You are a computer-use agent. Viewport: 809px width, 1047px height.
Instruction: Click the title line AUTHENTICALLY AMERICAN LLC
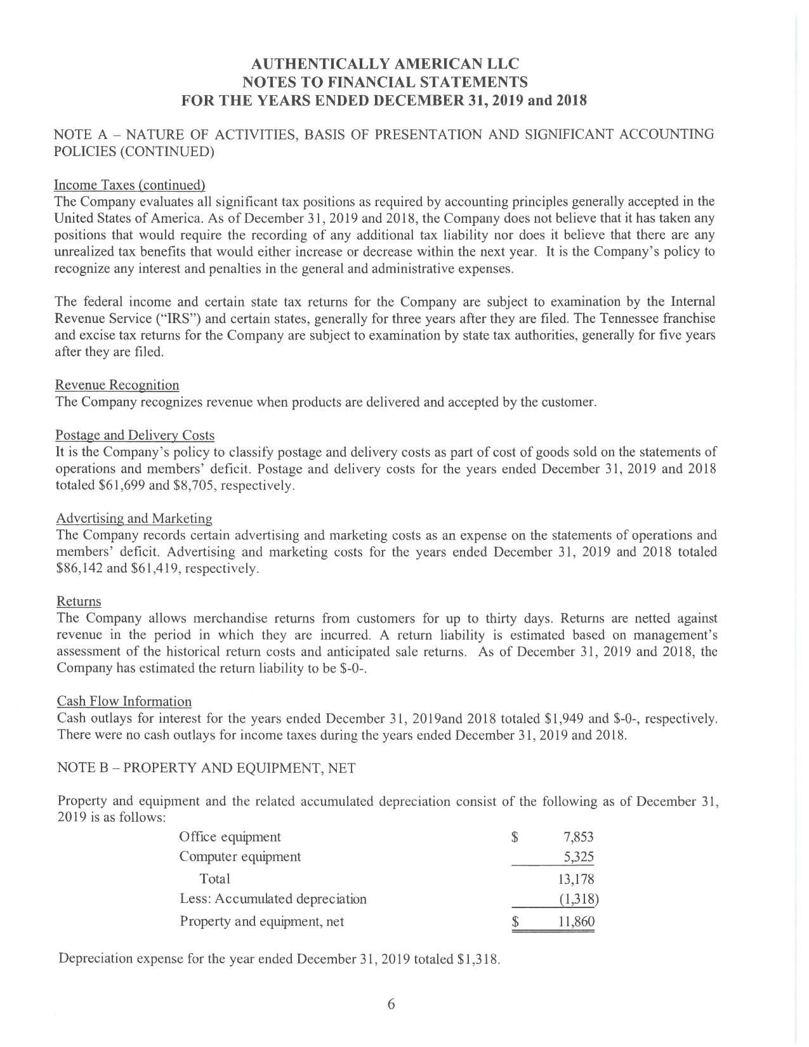click(x=385, y=64)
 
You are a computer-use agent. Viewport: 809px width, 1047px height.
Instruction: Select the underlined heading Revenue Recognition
click(x=117, y=385)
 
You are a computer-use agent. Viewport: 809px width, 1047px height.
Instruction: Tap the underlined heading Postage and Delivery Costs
click(x=135, y=435)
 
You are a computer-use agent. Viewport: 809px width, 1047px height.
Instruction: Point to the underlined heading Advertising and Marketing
click(x=135, y=518)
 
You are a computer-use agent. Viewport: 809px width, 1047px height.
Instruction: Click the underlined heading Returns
click(x=79, y=601)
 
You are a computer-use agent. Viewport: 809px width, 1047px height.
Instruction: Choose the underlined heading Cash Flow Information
click(x=124, y=701)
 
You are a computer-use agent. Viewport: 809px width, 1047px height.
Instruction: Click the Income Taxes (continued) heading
click(x=129, y=185)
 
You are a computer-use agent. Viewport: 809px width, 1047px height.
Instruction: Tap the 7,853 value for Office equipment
click(x=578, y=837)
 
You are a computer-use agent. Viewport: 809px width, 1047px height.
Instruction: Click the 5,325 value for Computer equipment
click(x=579, y=857)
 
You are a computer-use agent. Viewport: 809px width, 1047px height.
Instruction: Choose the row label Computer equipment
click(x=240, y=857)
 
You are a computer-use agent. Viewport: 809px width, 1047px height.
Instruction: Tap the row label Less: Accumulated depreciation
click(x=273, y=899)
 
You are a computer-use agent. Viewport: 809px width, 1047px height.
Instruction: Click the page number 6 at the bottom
click(x=391, y=1004)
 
